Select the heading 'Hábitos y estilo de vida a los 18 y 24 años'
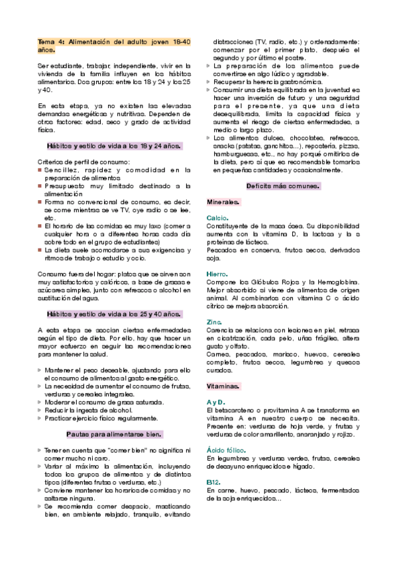tap(114, 145)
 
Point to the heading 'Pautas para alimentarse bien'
tap(114, 434)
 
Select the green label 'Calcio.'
tap(217, 217)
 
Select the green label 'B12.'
tap(213, 482)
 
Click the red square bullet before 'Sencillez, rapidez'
tap(40, 170)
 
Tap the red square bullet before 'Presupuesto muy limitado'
tap(40, 187)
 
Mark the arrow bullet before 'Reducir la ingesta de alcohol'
tap(40, 410)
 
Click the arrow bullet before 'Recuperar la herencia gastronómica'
tap(209, 82)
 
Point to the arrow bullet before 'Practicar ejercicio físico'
tap(40, 418)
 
